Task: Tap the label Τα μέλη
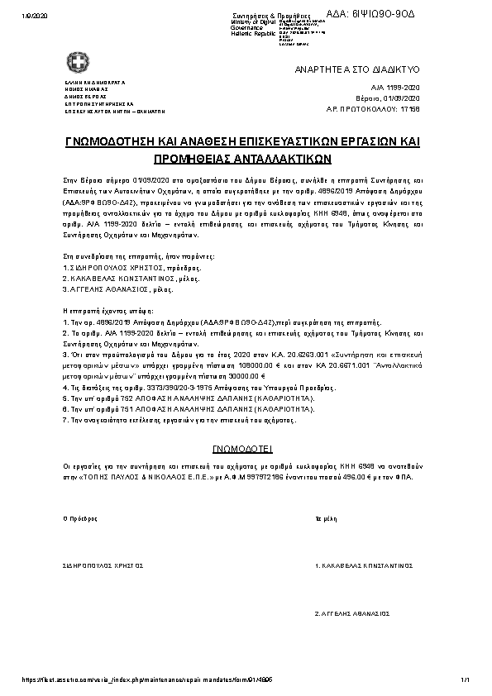tap(324, 519)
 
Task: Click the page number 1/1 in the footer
tap(466, 679)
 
